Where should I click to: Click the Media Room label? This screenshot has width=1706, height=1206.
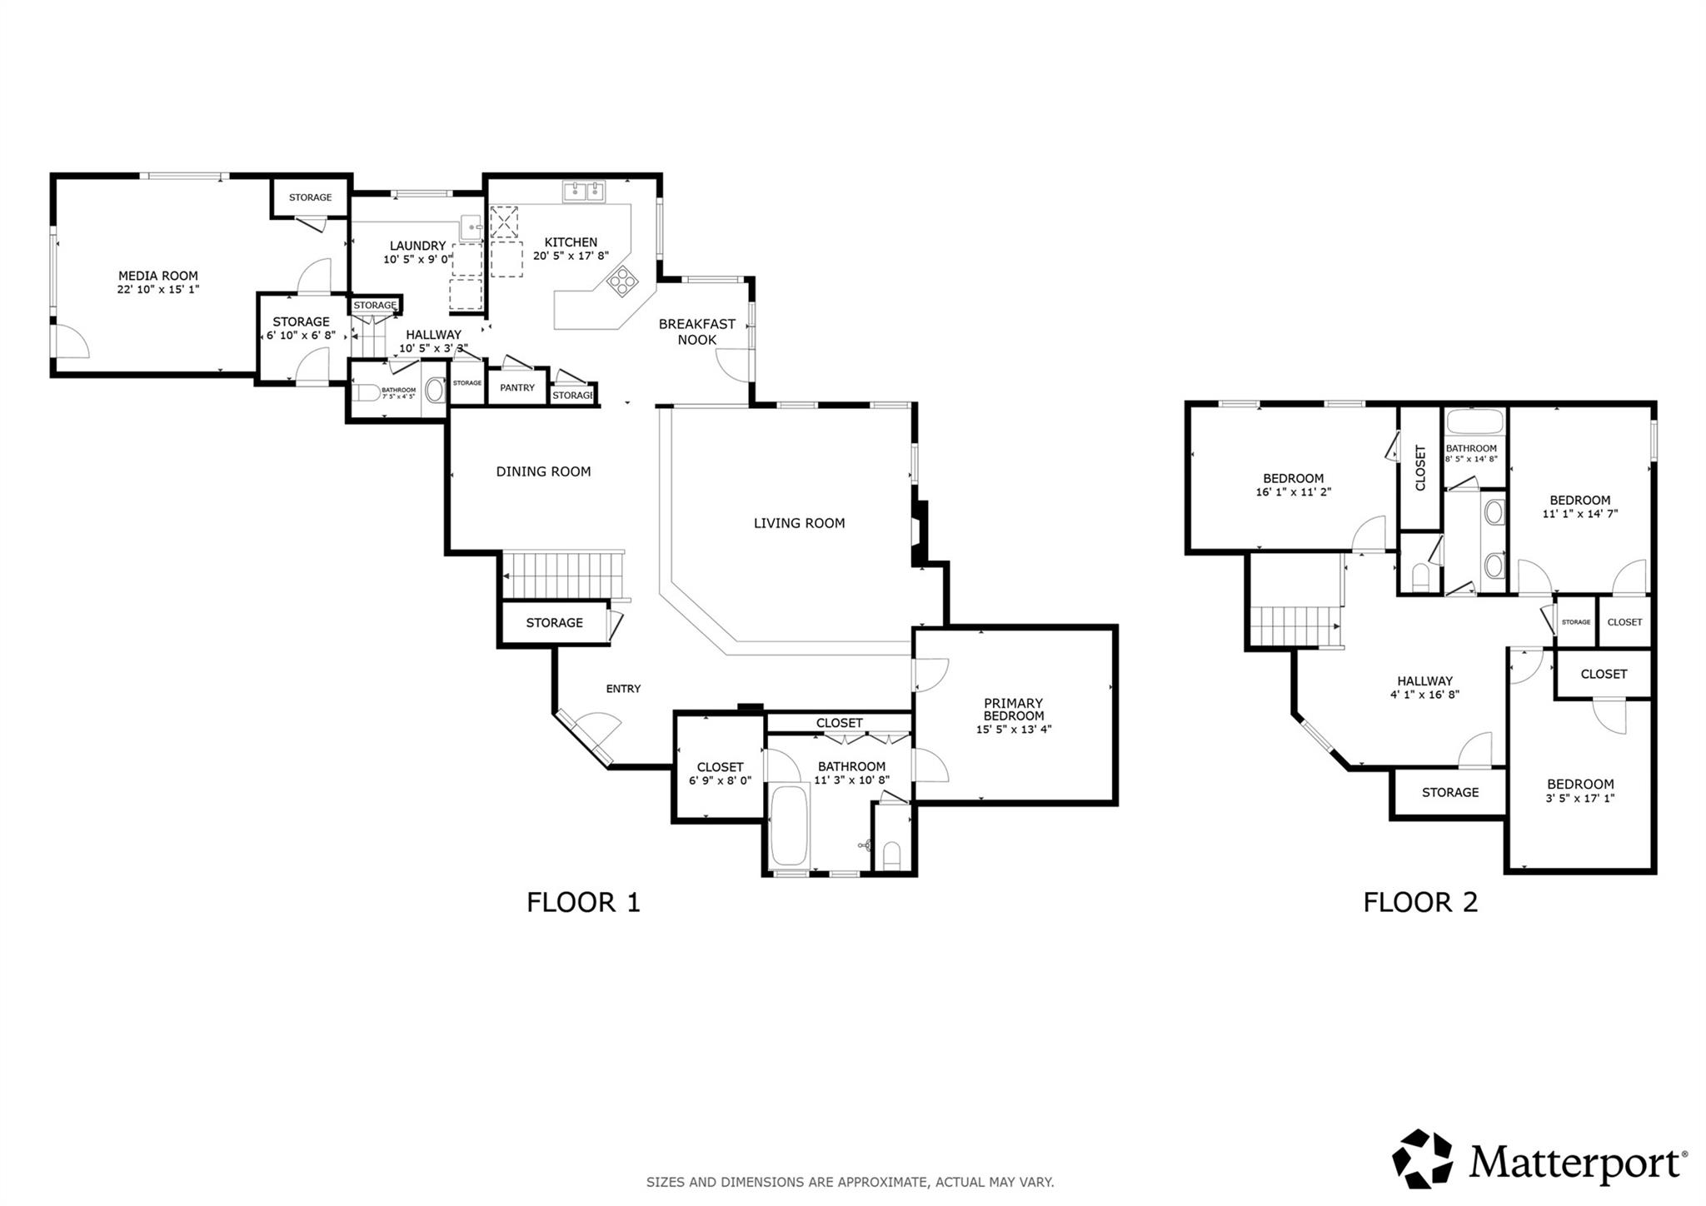point(158,276)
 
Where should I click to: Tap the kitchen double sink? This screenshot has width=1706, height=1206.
point(584,192)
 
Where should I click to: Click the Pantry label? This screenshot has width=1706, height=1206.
point(517,388)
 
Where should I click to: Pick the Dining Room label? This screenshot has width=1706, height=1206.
point(543,471)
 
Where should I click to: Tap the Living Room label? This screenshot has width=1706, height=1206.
point(799,523)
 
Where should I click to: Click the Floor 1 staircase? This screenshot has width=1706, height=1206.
point(562,576)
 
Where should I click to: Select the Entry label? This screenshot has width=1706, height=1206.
point(623,689)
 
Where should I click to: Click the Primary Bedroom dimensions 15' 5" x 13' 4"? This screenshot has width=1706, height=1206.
point(1014,730)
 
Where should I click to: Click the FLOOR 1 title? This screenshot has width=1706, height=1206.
point(583,902)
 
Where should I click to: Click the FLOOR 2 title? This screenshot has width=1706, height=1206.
point(1420,902)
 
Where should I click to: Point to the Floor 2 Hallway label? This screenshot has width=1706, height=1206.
point(1424,680)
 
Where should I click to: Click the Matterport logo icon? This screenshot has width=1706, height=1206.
point(1422,1159)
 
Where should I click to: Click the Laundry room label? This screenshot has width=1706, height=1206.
point(417,246)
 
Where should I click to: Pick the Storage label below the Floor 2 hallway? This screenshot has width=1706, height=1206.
point(1450,792)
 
